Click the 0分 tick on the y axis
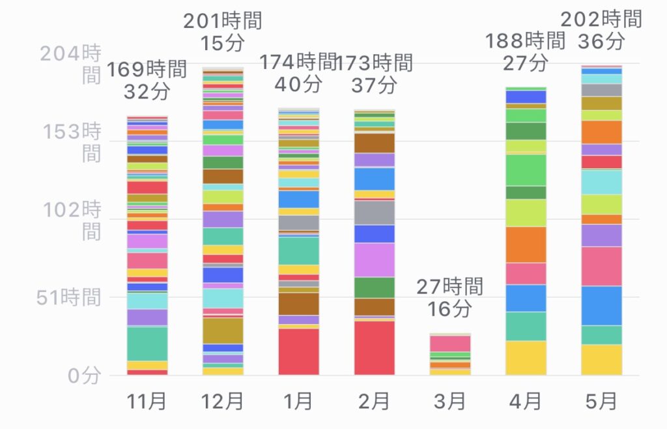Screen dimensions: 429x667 point(85,376)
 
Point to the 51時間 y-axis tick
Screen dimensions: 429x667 point(69,298)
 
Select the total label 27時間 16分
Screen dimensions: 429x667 point(449,297)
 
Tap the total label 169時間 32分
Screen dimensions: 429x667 point(147,80)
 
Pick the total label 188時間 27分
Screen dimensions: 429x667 point(525,52)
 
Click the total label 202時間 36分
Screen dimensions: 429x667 point(601,30)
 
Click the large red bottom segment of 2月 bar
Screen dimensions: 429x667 point(375,348)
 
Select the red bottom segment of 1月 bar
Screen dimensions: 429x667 point(299,351)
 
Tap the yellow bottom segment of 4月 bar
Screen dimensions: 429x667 point(526,358)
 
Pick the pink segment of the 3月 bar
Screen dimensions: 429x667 point(450,344)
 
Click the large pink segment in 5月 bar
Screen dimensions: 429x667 point(601,266)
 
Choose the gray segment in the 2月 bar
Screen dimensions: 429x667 point(375,213)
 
